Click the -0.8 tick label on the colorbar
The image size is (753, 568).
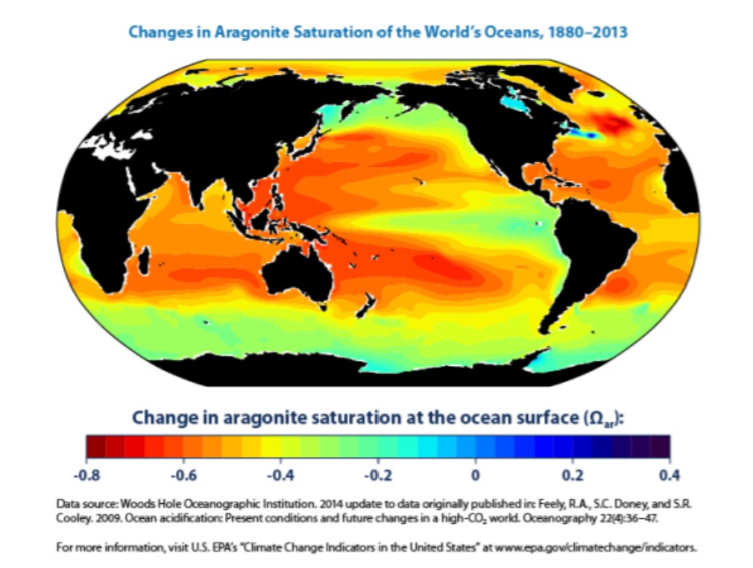[90, 474]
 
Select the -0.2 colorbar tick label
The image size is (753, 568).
[378, 474]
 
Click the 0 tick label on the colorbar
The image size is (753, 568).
[476, 474]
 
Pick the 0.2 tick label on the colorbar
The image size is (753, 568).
[573, 474]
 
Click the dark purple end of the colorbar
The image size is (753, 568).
[661, 446]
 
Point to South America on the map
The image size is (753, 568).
[589, 246]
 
